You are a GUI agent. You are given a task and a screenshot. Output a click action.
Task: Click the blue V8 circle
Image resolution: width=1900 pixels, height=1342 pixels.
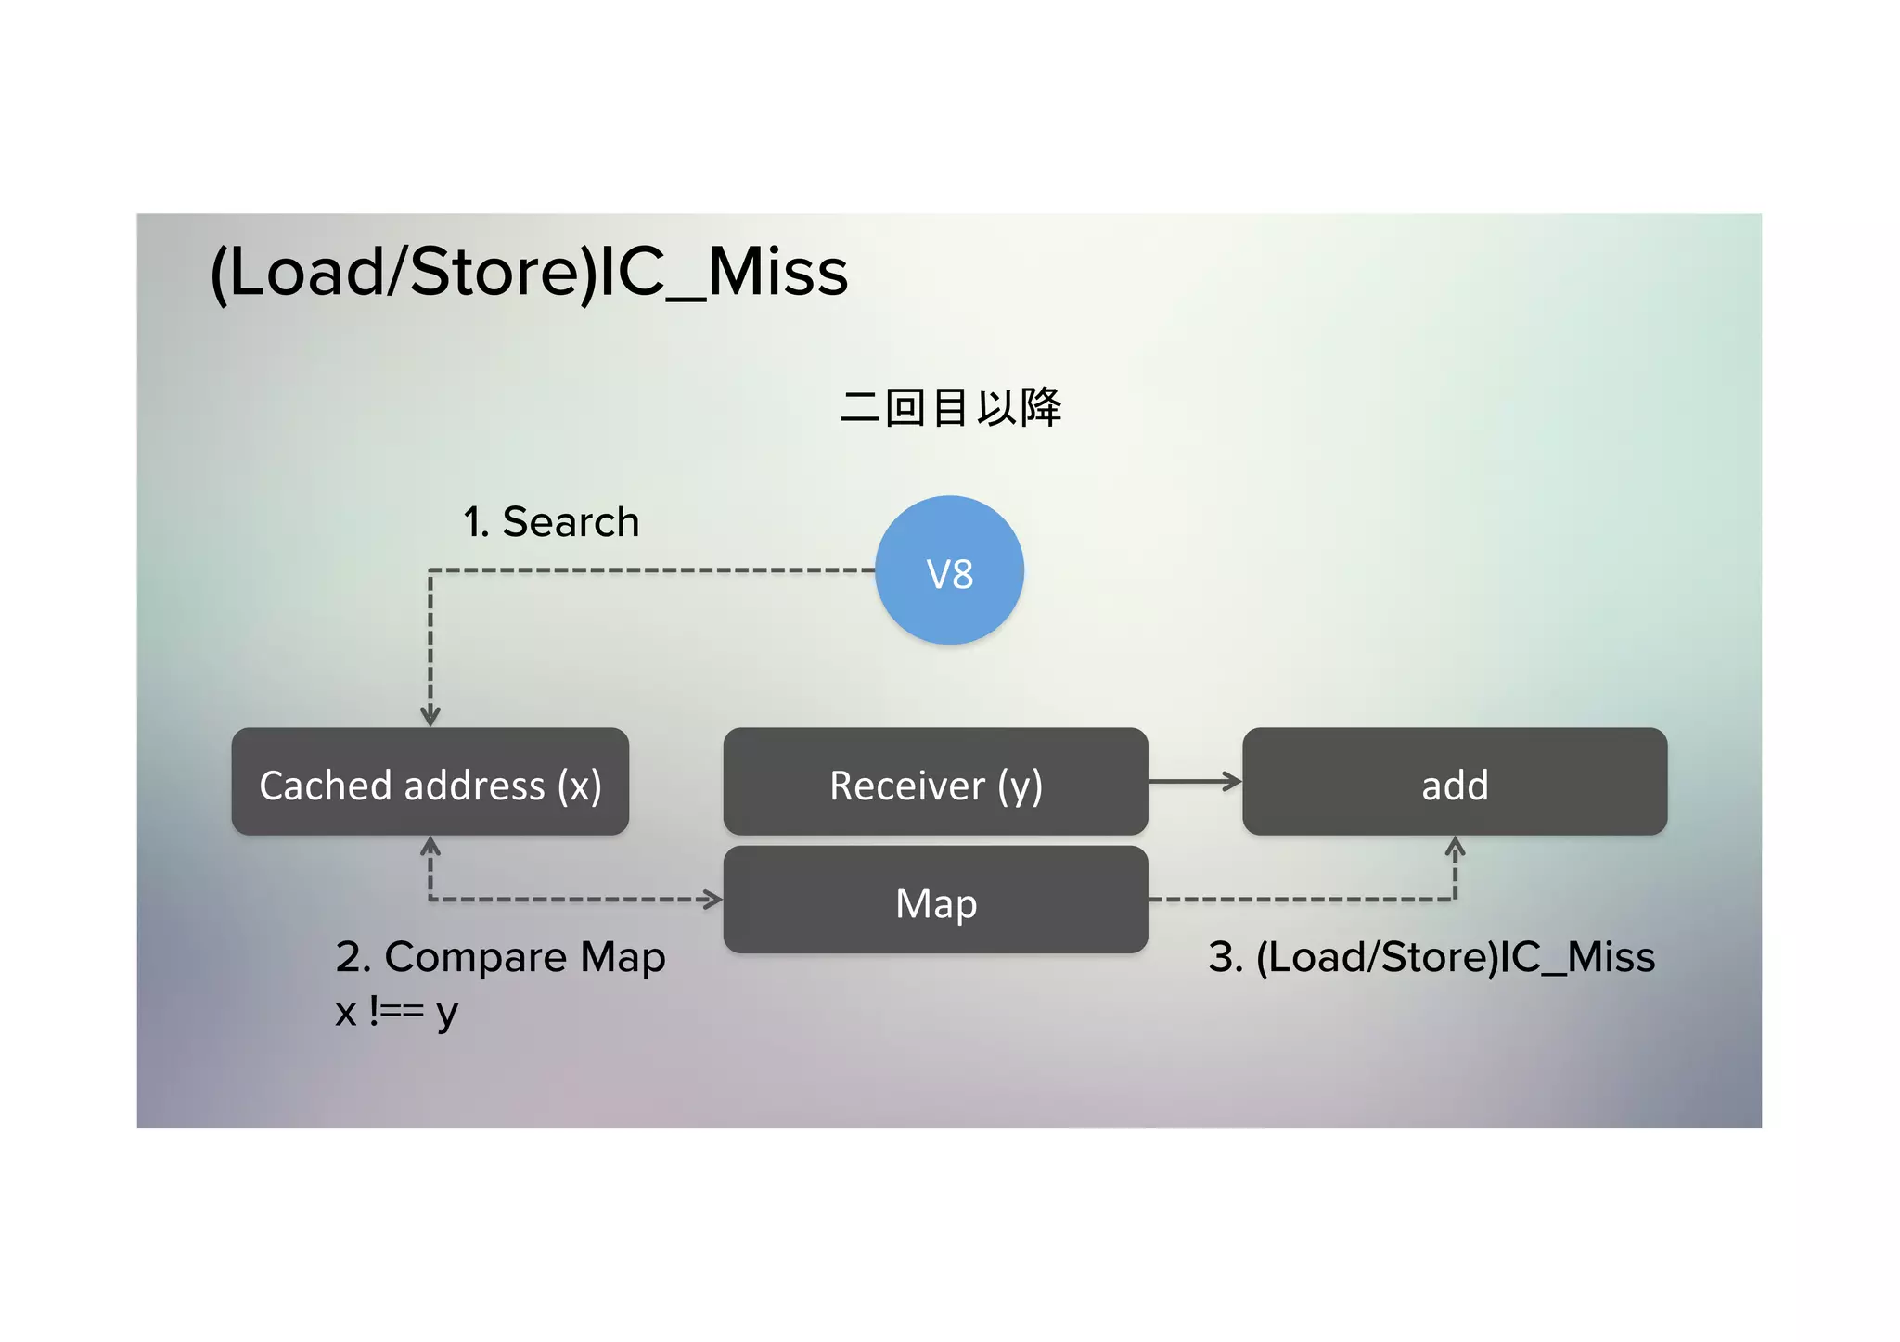pos(949,570)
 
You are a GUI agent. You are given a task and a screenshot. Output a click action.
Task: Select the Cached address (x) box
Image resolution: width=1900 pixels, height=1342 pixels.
pos(430,782)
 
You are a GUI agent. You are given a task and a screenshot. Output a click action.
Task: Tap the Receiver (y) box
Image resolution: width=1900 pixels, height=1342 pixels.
pos(935,782)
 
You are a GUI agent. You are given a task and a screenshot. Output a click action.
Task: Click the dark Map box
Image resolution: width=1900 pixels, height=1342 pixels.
pos(935,900)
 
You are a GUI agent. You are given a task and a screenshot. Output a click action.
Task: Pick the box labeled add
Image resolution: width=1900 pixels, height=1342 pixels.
pos(1454,782)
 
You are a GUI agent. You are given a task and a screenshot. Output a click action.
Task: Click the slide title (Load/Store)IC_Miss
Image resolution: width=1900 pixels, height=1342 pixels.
pos(529,273)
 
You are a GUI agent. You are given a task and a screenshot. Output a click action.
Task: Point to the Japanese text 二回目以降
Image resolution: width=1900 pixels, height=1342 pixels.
pos(950,407)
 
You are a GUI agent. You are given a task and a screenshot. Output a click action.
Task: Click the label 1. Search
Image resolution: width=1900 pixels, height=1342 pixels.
pos(551,522)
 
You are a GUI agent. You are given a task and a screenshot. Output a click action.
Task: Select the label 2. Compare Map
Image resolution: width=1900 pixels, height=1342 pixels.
pos(500,957)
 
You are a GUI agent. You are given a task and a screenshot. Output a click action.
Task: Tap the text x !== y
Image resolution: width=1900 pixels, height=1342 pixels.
pos(396,1011)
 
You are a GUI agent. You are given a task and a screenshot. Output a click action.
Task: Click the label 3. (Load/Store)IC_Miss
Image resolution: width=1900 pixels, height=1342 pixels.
pos(1431,957)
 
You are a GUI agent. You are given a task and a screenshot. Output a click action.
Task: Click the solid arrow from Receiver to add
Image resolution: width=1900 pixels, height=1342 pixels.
pos(1194,782)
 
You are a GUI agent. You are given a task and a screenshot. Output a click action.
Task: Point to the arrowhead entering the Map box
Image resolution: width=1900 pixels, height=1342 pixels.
pos(712,899)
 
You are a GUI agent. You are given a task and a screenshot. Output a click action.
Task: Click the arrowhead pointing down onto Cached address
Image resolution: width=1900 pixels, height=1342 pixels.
pos(430,716)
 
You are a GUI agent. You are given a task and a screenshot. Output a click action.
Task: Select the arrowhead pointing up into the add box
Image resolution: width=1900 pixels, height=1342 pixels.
pos(1455,846)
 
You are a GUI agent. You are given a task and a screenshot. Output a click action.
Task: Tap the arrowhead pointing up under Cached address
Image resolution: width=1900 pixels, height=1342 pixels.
pos(430,846)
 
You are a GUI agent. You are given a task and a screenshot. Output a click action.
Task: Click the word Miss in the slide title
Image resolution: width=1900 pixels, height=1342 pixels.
pos(777,273)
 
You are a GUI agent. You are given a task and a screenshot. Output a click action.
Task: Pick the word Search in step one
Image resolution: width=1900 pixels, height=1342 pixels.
pos(571,522)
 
